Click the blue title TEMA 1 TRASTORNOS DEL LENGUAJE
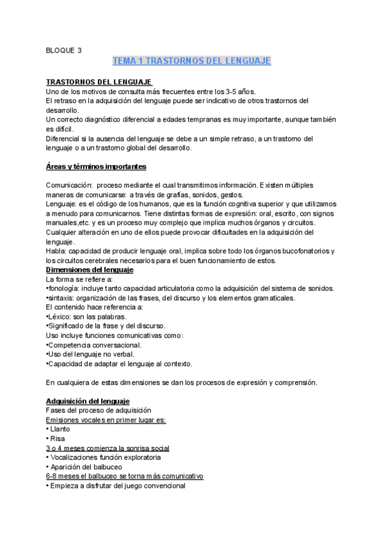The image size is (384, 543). pos(191,61)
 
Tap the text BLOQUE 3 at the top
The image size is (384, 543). pos(64,49)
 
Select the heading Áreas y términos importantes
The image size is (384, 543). pos(96,167)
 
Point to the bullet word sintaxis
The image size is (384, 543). pos(63,298)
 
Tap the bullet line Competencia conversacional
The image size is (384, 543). pos(95,345)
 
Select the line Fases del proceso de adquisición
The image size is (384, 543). pos(98,410)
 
